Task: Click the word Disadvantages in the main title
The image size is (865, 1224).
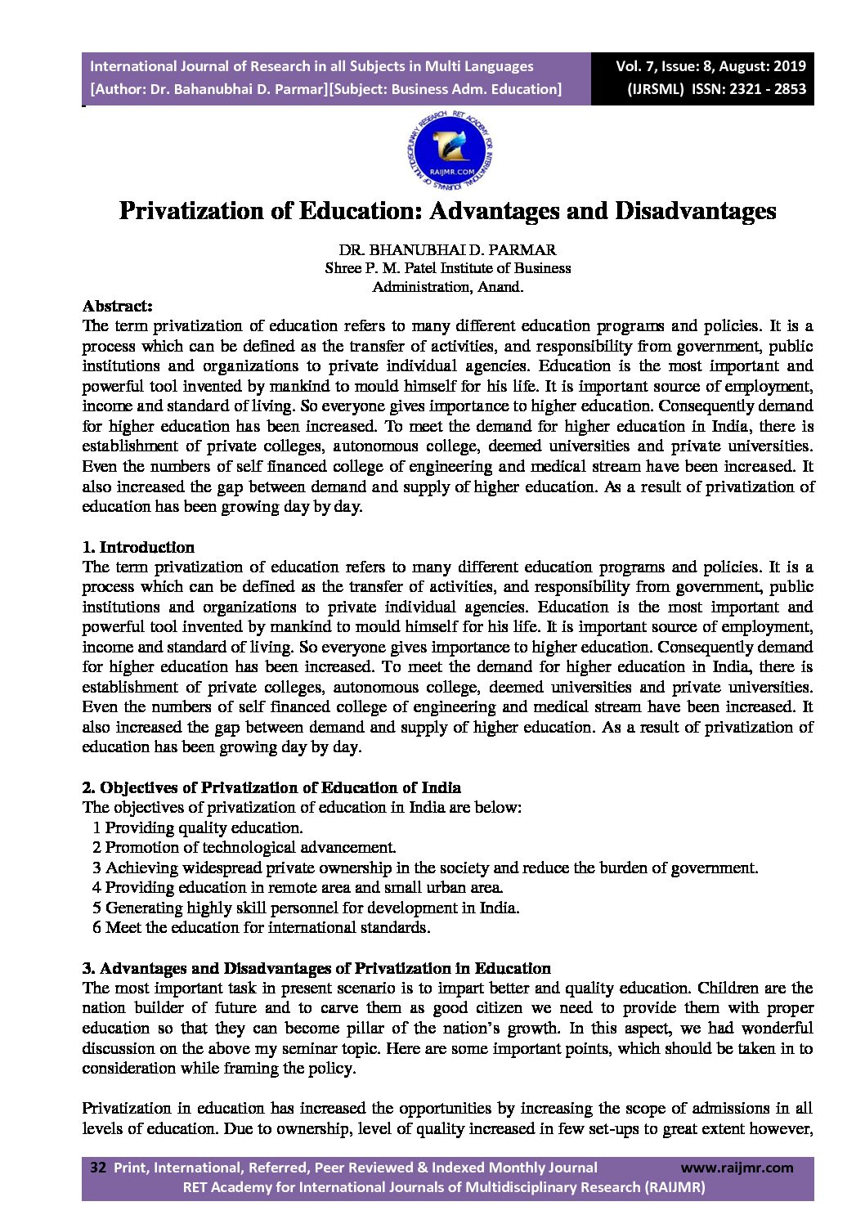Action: [695, 211]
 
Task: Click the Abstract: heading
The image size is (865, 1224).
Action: [118, 306]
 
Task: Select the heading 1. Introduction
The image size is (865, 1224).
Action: [139, 547]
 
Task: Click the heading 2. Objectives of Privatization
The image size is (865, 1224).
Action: [271, 787]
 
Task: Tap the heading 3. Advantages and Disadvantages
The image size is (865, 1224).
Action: [316, 968]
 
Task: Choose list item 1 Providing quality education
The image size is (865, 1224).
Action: [198, 827]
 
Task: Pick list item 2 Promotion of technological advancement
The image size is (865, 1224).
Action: [244, 848]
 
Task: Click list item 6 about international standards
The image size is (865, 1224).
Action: [261, 927]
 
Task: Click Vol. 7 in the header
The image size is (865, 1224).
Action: [638, 66]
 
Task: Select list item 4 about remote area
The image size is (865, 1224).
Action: [298, 887]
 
